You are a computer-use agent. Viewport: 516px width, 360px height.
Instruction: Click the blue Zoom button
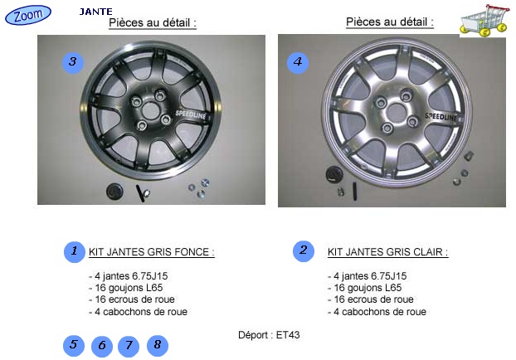(x=28, y=15)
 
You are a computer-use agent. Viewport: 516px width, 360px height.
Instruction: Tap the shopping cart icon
(x=484, y=21)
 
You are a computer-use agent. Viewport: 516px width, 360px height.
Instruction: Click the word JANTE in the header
(x=95, y=12)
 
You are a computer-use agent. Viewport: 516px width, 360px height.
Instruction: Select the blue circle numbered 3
(x=73, y=62)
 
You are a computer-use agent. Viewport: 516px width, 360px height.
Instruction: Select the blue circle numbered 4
(x=298, y=62)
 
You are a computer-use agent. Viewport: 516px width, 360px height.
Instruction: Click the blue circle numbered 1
(x=75, y=252)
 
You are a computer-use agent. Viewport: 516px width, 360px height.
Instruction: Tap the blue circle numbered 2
(x=304, y=251)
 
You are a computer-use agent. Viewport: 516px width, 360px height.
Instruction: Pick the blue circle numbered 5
(x=74, y=346)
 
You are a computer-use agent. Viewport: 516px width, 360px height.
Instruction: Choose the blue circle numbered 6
(x=102, y=346)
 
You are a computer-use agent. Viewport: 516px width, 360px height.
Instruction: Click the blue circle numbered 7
(x=129, y=346)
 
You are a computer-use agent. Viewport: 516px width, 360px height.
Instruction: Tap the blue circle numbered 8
(x=158, y=346)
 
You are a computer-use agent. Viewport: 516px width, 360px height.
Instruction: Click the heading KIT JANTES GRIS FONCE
(x=151, y=252)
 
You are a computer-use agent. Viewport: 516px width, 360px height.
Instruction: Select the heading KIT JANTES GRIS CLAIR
(x=387, y=252)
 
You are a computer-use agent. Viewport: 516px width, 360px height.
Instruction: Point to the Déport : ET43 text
(x=269, y=335)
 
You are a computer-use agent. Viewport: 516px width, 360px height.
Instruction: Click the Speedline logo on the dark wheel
(x=191, y=114)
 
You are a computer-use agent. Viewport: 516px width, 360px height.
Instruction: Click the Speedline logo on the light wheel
(x=441, y=116)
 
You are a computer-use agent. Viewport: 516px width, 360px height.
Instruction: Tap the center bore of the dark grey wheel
(x=150, y=110)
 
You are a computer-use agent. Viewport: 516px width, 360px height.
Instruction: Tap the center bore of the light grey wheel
(x=396, y=113)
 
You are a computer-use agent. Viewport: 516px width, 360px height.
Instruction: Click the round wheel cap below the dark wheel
(x=114, y=191)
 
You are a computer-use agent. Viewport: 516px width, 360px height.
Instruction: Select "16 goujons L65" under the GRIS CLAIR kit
(x=368, y=288)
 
